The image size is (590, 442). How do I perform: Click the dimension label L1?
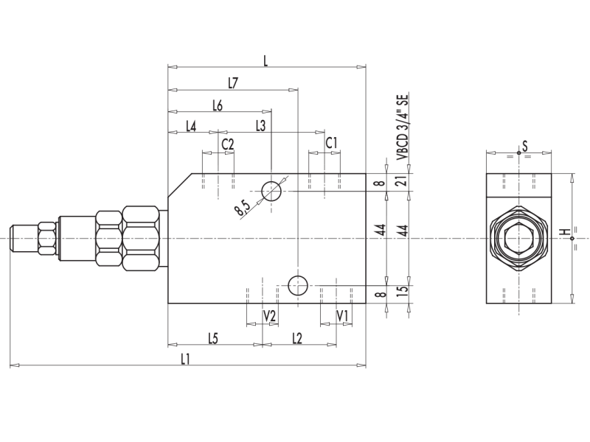click(x=186, y=359)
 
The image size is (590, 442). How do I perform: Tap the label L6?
click(x=218, y=105)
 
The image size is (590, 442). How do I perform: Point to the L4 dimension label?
click(x=190, y=126)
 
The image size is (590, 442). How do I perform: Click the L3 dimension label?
click(x=260, y=126)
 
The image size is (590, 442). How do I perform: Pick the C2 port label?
click(x=227, y=144)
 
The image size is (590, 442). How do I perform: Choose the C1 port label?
click(x=332, y=142)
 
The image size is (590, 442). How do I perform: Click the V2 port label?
click(x=270, y=315)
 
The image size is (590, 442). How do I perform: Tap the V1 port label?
click(x=342, y=315)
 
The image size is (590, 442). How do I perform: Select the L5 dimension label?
click(x=212, y=338)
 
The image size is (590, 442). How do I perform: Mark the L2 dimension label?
click(x=297, y=338)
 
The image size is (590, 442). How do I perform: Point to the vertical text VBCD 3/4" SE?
click(x=403, y=127)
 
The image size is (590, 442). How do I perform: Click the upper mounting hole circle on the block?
click(x=271, y=191)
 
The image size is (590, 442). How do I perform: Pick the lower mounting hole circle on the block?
click(x=298, y=284)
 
